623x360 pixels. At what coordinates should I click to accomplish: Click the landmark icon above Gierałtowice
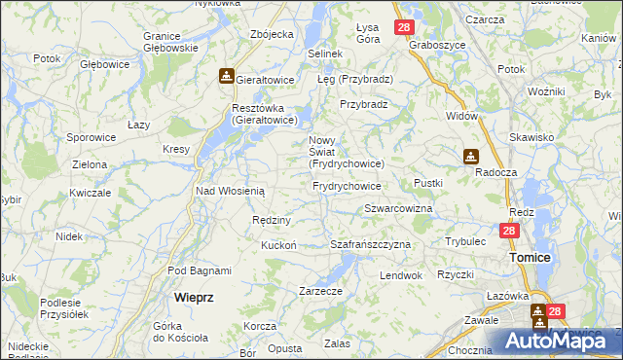pyautogui.click(x=226, y=74)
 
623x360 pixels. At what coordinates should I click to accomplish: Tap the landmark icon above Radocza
pyautogui.click(x=471, y=155)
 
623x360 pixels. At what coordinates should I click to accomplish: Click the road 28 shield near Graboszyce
pyautogui.click(x=405, y=28)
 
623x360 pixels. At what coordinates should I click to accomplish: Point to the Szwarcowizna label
pyautogui.click(x=398, y=209)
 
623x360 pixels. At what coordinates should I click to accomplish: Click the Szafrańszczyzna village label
pyautogui.click(x=371, y=244)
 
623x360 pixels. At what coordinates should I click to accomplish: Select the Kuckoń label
pyautogui.click(x=278, y=245)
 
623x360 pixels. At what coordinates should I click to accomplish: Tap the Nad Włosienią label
pyautogui.click(x=231, y=192)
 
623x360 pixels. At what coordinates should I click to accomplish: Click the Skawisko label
pyautogui.click(x=530, y=138)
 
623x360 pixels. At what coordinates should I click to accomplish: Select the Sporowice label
pyautogui.click(x=92, y=138)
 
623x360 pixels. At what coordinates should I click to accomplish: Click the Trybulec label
pyautogui.click(x=465, y=240)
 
